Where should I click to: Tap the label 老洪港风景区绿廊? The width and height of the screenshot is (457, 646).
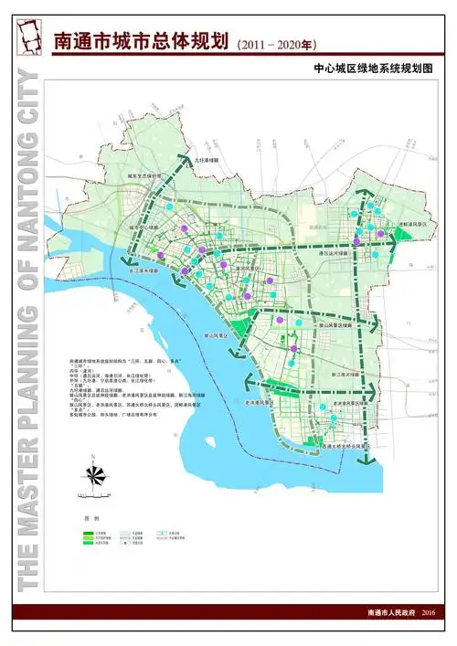click(351, 402)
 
